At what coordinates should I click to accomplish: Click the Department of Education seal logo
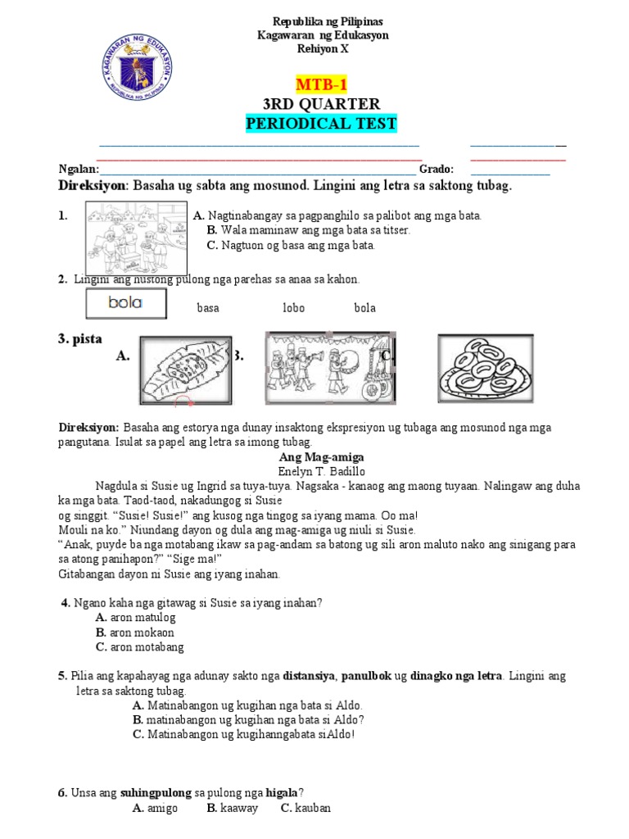[137, 71]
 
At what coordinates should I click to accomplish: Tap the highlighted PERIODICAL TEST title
[321, 124]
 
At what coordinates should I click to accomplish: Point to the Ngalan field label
[78, 170]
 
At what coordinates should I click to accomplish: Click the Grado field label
[437, 170]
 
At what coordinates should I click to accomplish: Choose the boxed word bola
[125, 303]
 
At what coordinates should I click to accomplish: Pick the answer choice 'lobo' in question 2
[293, 308]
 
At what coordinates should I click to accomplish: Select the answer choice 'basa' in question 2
[207, 308]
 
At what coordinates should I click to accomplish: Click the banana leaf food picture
[185, 370]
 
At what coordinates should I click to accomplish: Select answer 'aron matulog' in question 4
[144, 618]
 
